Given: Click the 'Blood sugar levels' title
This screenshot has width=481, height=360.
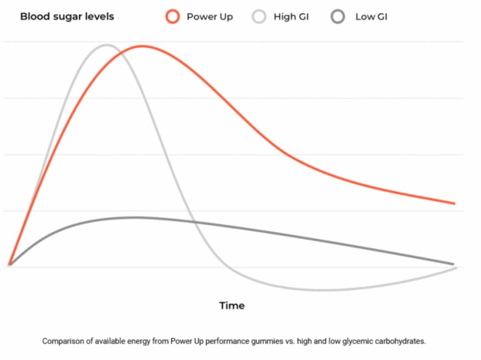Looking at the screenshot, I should pos(67,17).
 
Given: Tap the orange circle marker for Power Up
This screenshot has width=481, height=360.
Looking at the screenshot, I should pos(172,17).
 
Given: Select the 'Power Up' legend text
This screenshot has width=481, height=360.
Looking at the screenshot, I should pos(209,17).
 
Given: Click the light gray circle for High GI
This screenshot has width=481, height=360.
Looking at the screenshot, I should pos(259,17).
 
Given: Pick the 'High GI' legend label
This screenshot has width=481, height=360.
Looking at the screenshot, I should pos(291,17).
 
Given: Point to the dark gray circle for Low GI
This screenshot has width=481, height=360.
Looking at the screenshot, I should pos(338,17).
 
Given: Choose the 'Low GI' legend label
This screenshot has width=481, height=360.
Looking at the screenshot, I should pos(371,17).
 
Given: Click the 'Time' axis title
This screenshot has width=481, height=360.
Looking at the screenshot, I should pos(232,306).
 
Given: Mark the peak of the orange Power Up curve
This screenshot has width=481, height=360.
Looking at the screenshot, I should pos(142,46).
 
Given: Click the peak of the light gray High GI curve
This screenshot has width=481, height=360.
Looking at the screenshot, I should pos(107,45).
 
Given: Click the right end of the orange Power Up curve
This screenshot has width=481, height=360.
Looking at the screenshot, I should pos(454,203).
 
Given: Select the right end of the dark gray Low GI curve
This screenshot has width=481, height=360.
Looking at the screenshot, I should pos(453,264).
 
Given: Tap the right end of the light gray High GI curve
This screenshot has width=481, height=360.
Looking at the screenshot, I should pos(456,268).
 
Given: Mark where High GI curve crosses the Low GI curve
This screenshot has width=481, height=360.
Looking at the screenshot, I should pos(194,221).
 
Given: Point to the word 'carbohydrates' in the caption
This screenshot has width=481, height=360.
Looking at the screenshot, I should pos(402,341).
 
